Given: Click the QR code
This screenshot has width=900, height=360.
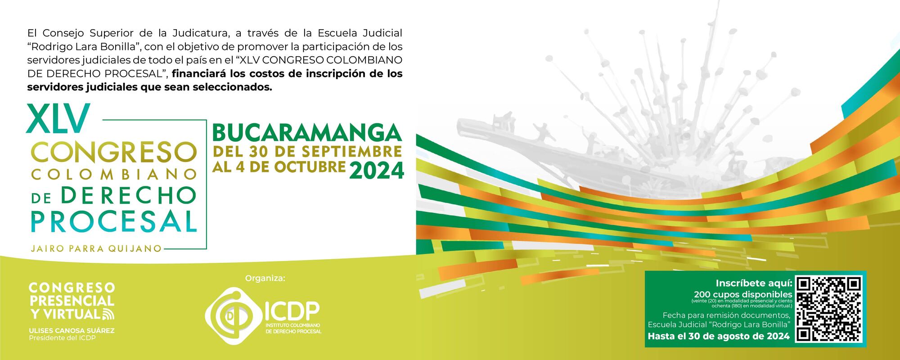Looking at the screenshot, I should click(829, 309).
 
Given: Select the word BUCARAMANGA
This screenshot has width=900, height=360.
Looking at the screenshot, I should click(307, 132).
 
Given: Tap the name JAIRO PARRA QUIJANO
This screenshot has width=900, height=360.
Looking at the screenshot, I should click(96, 248).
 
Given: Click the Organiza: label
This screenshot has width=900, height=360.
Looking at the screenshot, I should click(265, 279).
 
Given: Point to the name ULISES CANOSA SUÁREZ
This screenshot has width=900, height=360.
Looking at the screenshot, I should click(72, 331).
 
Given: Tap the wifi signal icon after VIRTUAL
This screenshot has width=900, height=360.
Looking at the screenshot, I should click(108, 314).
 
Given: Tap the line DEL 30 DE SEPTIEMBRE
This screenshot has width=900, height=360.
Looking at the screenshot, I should click(307, 151).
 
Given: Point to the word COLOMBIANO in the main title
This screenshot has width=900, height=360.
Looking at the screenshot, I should click(114, 174).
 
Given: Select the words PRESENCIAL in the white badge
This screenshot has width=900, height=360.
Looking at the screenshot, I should click(72, 300).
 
